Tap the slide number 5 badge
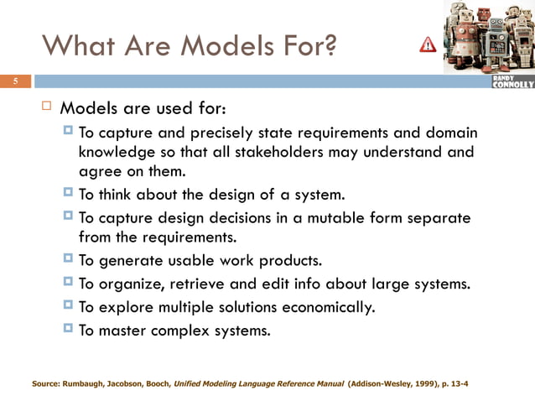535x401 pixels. coord(14,81)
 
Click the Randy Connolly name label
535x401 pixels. coord(511,81)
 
